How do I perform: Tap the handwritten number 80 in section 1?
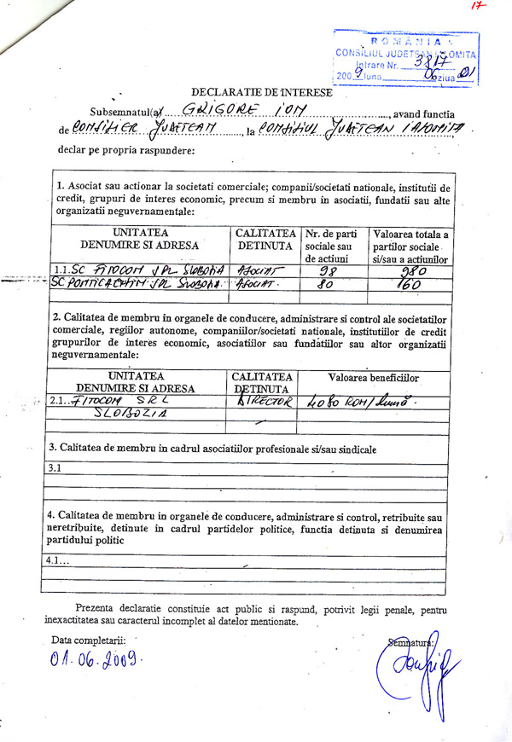coord(324,285)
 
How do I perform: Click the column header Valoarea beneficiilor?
coord(373,377)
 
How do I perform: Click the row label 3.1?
coord(55,467)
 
